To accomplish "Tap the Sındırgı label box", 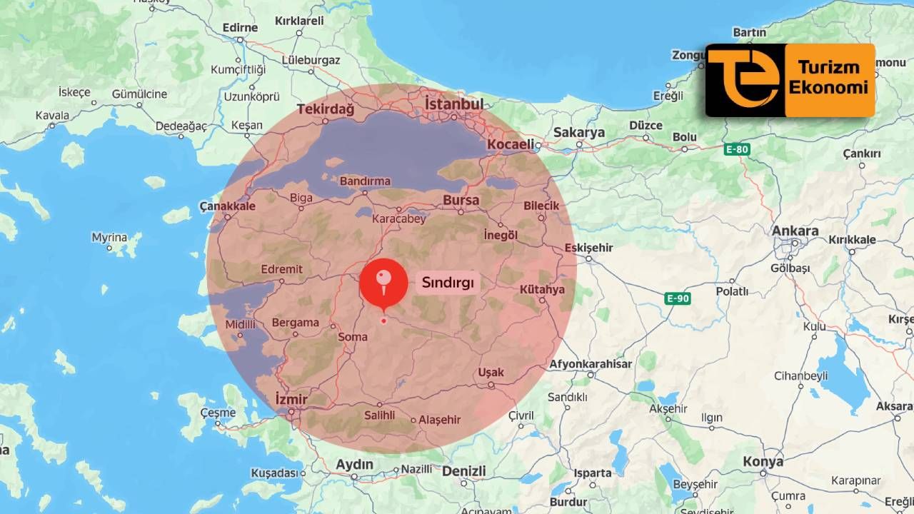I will pos(448,282).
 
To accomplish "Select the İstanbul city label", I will pos(453,104).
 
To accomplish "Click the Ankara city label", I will pos(795,231).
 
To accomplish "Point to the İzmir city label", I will pos(291,398).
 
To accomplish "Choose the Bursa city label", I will pos(461,201).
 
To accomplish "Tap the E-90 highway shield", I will pos(677,298).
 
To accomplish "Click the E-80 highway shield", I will pos(736,149).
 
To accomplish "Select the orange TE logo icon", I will pos(744,80).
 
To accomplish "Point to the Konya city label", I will pos(763,462).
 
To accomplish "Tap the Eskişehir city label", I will pos(588,248).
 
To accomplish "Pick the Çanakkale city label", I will pos(227,206).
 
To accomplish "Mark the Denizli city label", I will pos(463,471).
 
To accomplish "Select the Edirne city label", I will pos(240,28).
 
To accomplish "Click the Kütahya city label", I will pos(542,289).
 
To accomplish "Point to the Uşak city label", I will pos(491,373).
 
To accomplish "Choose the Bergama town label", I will pos(295,323).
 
